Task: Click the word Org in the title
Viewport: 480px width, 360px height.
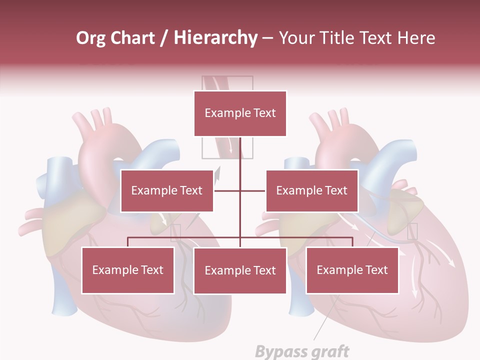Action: [91, 38]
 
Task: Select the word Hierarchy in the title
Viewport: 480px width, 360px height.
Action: [215, 38]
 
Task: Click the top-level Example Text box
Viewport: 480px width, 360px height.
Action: [240, 113]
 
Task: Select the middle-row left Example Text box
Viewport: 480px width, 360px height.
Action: [167, 191]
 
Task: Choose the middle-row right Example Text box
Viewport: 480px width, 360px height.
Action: [312, 191]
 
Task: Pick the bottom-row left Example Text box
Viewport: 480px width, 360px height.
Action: [128, 270]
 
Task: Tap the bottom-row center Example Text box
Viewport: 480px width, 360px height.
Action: [240, 271]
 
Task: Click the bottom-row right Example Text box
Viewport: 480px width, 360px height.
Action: [352, 270]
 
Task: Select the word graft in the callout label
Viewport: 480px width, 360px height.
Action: [325, 351]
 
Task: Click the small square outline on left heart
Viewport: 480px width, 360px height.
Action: [175, 232]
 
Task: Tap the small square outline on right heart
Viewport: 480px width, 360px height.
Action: [412, 231]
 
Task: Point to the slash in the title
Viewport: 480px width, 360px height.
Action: [164, 38]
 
